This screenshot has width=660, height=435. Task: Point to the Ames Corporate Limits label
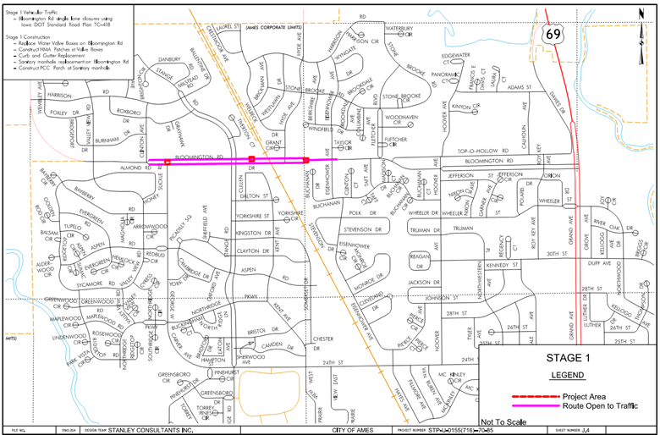coord(273,27)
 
